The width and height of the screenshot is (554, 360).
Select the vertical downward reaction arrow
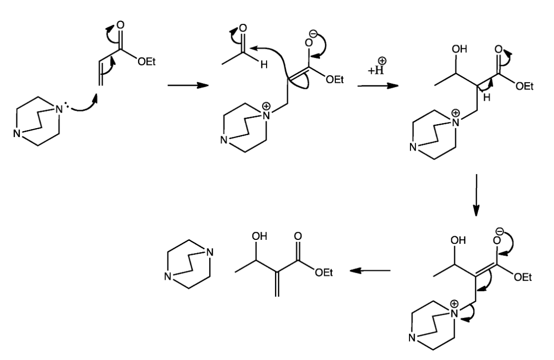pos(477,194)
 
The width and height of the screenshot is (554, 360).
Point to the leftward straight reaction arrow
pos(369,271)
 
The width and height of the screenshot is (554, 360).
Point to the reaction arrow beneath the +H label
pos(377,86)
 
